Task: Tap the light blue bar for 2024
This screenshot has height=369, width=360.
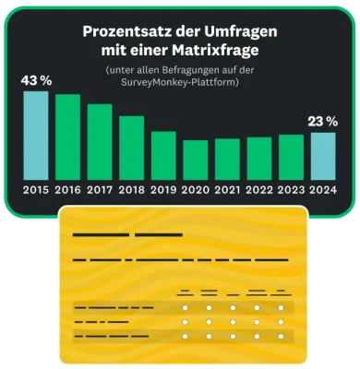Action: pos(323,156)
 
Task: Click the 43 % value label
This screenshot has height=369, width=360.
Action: pos(35,79)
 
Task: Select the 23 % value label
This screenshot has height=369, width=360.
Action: pos(322,121)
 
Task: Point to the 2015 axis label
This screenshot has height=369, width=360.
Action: pos(36,191)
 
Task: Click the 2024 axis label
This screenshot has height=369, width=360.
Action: pos(323,191)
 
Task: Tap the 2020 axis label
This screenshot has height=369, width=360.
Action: pos(196,191)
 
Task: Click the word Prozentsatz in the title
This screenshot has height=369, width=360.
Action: pos(115,30)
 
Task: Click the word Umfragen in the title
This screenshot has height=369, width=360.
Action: pos(242,30)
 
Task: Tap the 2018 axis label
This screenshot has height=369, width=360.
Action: pos(132,191)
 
